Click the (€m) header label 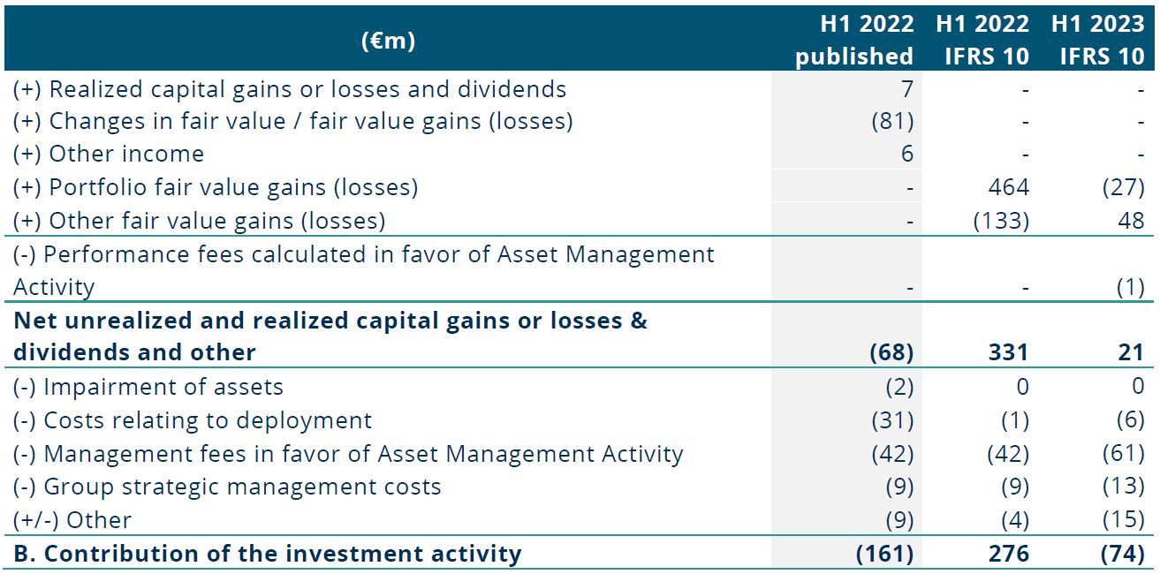388,41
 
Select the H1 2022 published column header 854,40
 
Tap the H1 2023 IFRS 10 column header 1098,40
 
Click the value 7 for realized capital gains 906,89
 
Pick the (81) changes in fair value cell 893,121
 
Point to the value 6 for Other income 906,154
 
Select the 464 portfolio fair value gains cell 1008,187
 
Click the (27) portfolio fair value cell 1123,187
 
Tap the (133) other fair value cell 1001,221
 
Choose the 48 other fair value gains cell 1131,221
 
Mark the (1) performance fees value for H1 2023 1131,287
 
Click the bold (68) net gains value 891,352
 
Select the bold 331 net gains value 1008,352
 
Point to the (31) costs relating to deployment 893,420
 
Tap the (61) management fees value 1123,453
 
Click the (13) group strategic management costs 1123,487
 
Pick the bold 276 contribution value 1008,554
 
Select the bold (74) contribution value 1123,554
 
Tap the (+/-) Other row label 72,520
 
